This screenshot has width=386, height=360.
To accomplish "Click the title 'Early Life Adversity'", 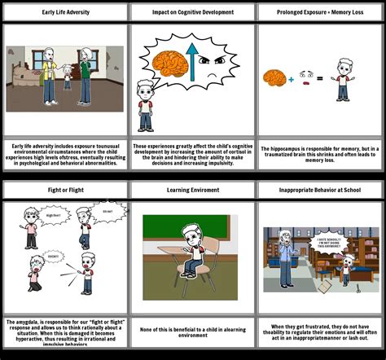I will [x=64, y=12].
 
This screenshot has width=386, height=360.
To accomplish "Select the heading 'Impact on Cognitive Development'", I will [x=193, y=12].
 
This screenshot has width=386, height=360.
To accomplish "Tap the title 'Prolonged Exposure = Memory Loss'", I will [x=321, y=12].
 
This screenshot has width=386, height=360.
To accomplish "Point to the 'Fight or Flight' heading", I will [x=64, y=190].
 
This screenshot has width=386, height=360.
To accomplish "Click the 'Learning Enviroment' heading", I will [x=193, y=190].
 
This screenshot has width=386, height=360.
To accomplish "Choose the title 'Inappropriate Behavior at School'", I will [x=321, y=190].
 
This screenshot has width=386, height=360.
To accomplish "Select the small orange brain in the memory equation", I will [x=272, y=77].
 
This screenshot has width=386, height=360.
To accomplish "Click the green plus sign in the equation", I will [x=291, y=79].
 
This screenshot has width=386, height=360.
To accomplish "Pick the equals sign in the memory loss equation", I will [x=320, y=79].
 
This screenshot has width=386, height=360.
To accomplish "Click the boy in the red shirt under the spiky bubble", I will [x=146, y=106].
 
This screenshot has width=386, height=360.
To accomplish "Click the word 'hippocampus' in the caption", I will [x=287, y=148].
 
